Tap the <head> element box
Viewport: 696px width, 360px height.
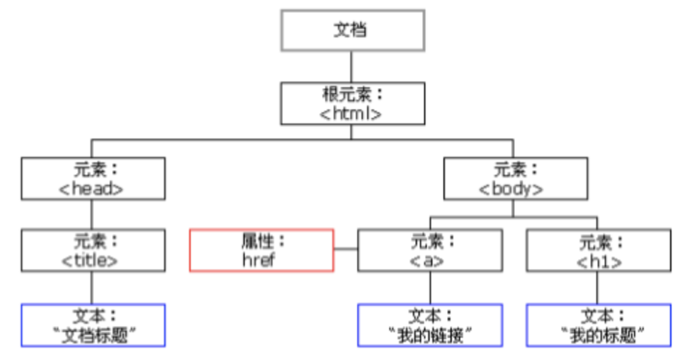(91, 178)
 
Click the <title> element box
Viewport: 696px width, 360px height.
(91, 250)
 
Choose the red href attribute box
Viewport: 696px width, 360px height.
(261, 250)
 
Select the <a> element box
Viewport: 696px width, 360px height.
(430, 250)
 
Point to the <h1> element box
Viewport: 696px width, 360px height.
(598, 250)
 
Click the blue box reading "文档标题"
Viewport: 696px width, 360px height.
(91, 325)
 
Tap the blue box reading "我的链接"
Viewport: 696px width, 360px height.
(430, 325)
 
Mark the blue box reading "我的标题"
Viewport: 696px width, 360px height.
(598, 325)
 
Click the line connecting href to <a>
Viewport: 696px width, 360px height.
(346, 251)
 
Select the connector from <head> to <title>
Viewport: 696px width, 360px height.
(91, 214)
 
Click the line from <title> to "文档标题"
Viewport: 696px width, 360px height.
(91, 287)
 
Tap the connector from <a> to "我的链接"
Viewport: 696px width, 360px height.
(430, 287)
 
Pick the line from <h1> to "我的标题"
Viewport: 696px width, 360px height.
(598, 287)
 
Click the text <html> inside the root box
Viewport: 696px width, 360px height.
(352, 112)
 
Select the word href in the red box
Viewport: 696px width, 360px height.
(261, 259)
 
